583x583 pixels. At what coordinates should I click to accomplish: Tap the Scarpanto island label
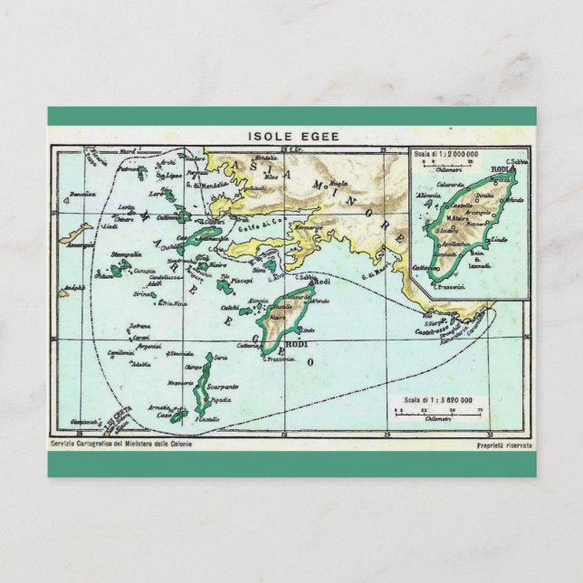(222, 386)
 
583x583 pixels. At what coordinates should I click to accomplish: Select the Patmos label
(130, 169)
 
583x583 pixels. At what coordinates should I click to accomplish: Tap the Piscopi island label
(242, 282)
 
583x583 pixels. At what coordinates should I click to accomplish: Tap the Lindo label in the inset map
(497, 240)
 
